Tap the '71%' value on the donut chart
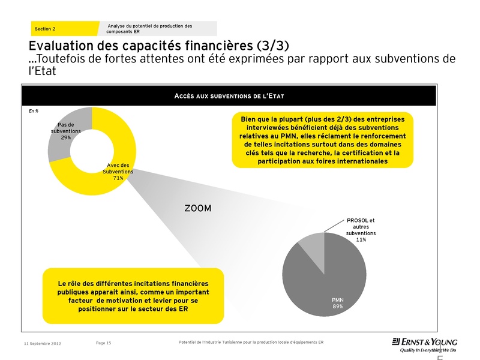coord(118,178)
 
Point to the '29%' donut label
coord(66,137)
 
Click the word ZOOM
coord(199,208)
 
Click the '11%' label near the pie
coord(361,239)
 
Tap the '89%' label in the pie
coord(338,306)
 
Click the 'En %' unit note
coord(34,112)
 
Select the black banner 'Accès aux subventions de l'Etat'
coord(228,96)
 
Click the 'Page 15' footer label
coord(104,343)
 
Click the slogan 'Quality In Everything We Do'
coord(424,350)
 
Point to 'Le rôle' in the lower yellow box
coord(71,283)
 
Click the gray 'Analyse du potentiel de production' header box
coord(157,28)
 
